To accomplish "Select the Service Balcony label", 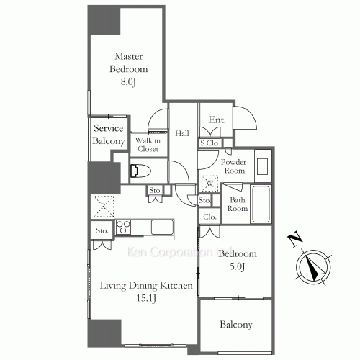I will pos(109,135).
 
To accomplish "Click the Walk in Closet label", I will pos(148,144).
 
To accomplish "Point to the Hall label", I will pos(182,133).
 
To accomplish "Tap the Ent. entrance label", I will pos(217,120).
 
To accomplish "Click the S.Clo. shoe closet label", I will pos(210,143).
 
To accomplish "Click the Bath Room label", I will pos(238,203).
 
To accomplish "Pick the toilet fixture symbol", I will pos(140,171).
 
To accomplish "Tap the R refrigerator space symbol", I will pos(103,207).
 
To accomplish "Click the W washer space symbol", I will pos(210,183).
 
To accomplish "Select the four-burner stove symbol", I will pos(123,228).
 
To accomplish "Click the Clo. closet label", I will pos(210,217).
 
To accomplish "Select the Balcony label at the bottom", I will pos(236,325).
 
